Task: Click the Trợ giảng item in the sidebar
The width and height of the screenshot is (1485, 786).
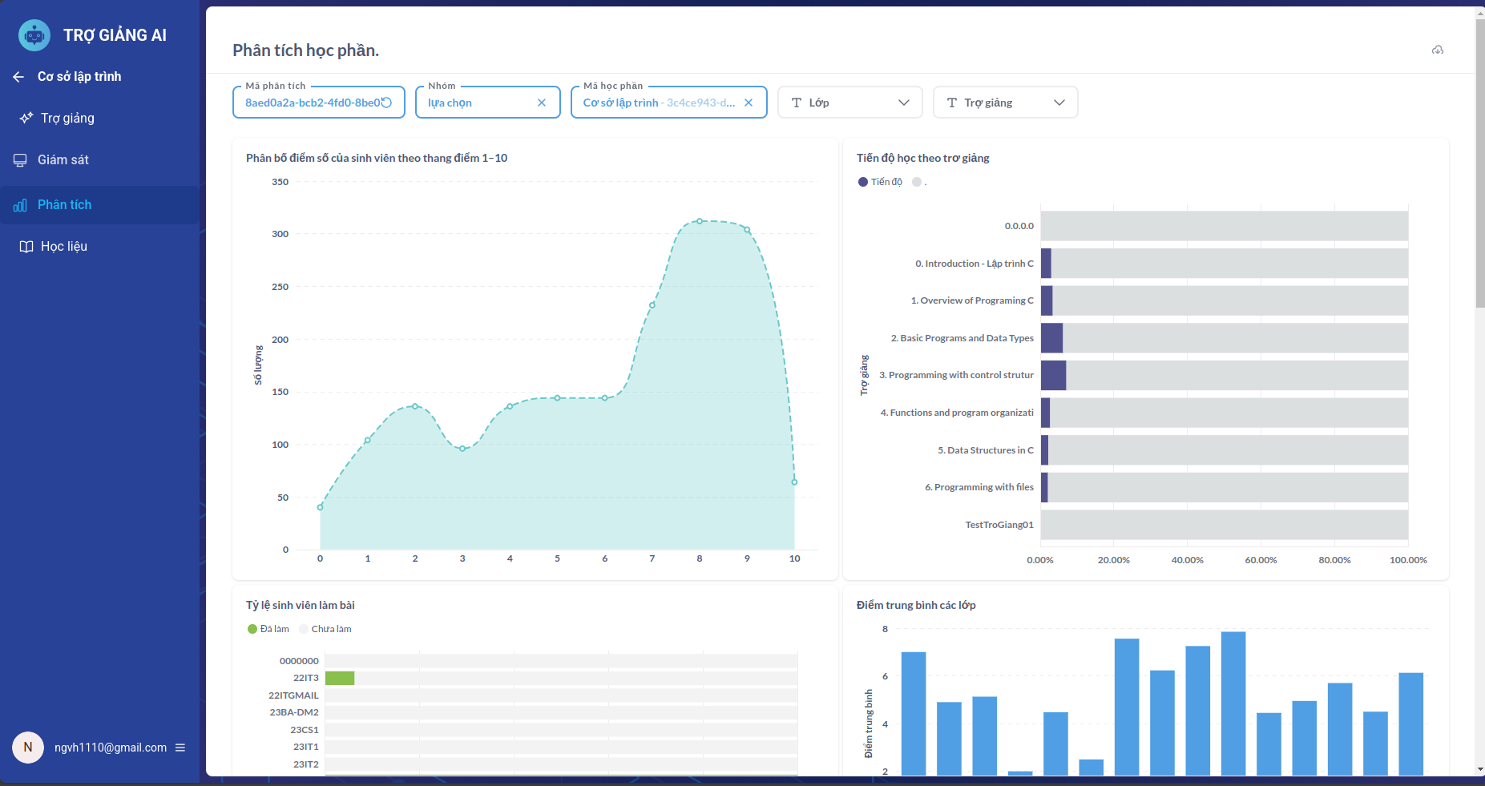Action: pos(67,119)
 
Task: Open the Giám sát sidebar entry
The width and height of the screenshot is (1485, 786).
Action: pos(63,160)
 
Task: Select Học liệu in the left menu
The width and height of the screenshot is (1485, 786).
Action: pos(63,247)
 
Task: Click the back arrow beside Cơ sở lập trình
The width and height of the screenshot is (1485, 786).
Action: pos(18,77)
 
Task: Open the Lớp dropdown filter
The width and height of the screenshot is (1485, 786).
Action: pos(849,103)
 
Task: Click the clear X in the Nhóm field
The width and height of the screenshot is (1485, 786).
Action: pos(542,103)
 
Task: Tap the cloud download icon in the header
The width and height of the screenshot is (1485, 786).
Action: pos(1438,50)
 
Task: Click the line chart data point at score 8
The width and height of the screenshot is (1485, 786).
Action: pos(700,221)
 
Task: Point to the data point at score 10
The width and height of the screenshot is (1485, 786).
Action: pos(794,482)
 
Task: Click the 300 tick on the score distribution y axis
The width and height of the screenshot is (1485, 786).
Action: pos(280,234)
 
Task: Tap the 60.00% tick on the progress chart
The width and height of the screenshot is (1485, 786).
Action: pos(1261,560)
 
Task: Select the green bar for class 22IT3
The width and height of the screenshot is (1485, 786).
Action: pos(340,679)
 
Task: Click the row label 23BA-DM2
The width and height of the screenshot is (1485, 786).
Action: pos(294,712)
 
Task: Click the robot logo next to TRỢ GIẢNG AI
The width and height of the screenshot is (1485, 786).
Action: pos(34,35)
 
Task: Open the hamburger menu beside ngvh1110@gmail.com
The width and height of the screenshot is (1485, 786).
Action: pos(180,748)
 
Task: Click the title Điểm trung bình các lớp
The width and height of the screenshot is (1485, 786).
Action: pos(915,605)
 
